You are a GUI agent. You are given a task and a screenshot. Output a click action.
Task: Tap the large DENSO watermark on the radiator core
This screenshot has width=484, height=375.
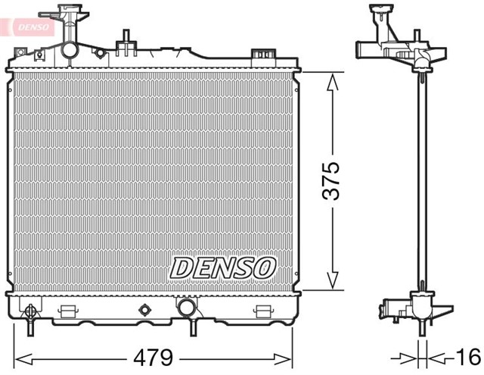[x=223, y=267]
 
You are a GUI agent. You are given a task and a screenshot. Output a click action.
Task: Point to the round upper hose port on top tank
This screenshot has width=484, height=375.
[x=69, y=51]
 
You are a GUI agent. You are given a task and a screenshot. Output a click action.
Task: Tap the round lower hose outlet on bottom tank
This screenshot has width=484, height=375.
[x=185, y=308]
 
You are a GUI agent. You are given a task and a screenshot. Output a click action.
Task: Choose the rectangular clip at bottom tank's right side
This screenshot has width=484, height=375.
[x=262, y=311]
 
